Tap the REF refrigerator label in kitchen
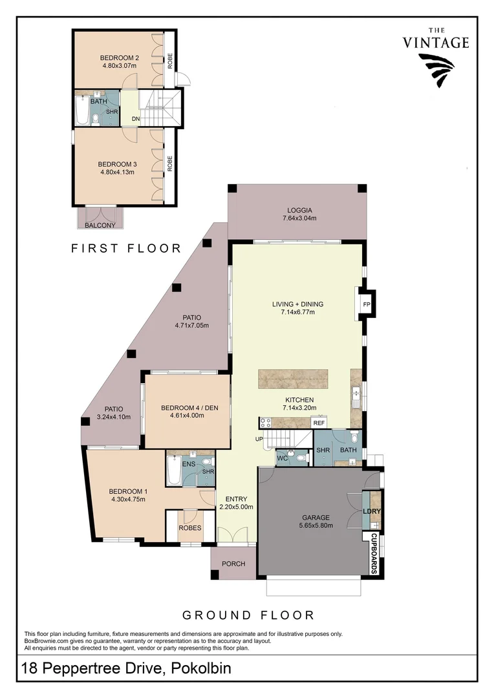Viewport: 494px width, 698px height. [318, 423]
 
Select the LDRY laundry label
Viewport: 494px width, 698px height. [371, 511]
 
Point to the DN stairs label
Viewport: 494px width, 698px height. [136, 119]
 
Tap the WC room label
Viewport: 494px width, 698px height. [282, 458]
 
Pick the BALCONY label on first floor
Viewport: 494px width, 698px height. [100, 226]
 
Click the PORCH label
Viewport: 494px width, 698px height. [233, 564]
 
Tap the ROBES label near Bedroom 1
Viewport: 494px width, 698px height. [189, 528]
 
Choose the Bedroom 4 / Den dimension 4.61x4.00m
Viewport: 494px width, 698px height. [182, 416]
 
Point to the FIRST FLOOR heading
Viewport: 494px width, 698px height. [126, 248]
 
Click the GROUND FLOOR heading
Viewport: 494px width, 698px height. [248, 615]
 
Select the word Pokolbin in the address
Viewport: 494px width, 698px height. [200, 669]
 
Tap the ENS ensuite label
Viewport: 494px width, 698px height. [189, 463]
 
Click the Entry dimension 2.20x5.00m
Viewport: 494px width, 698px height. [236, 507]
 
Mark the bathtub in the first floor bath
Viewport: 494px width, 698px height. [82, 112]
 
